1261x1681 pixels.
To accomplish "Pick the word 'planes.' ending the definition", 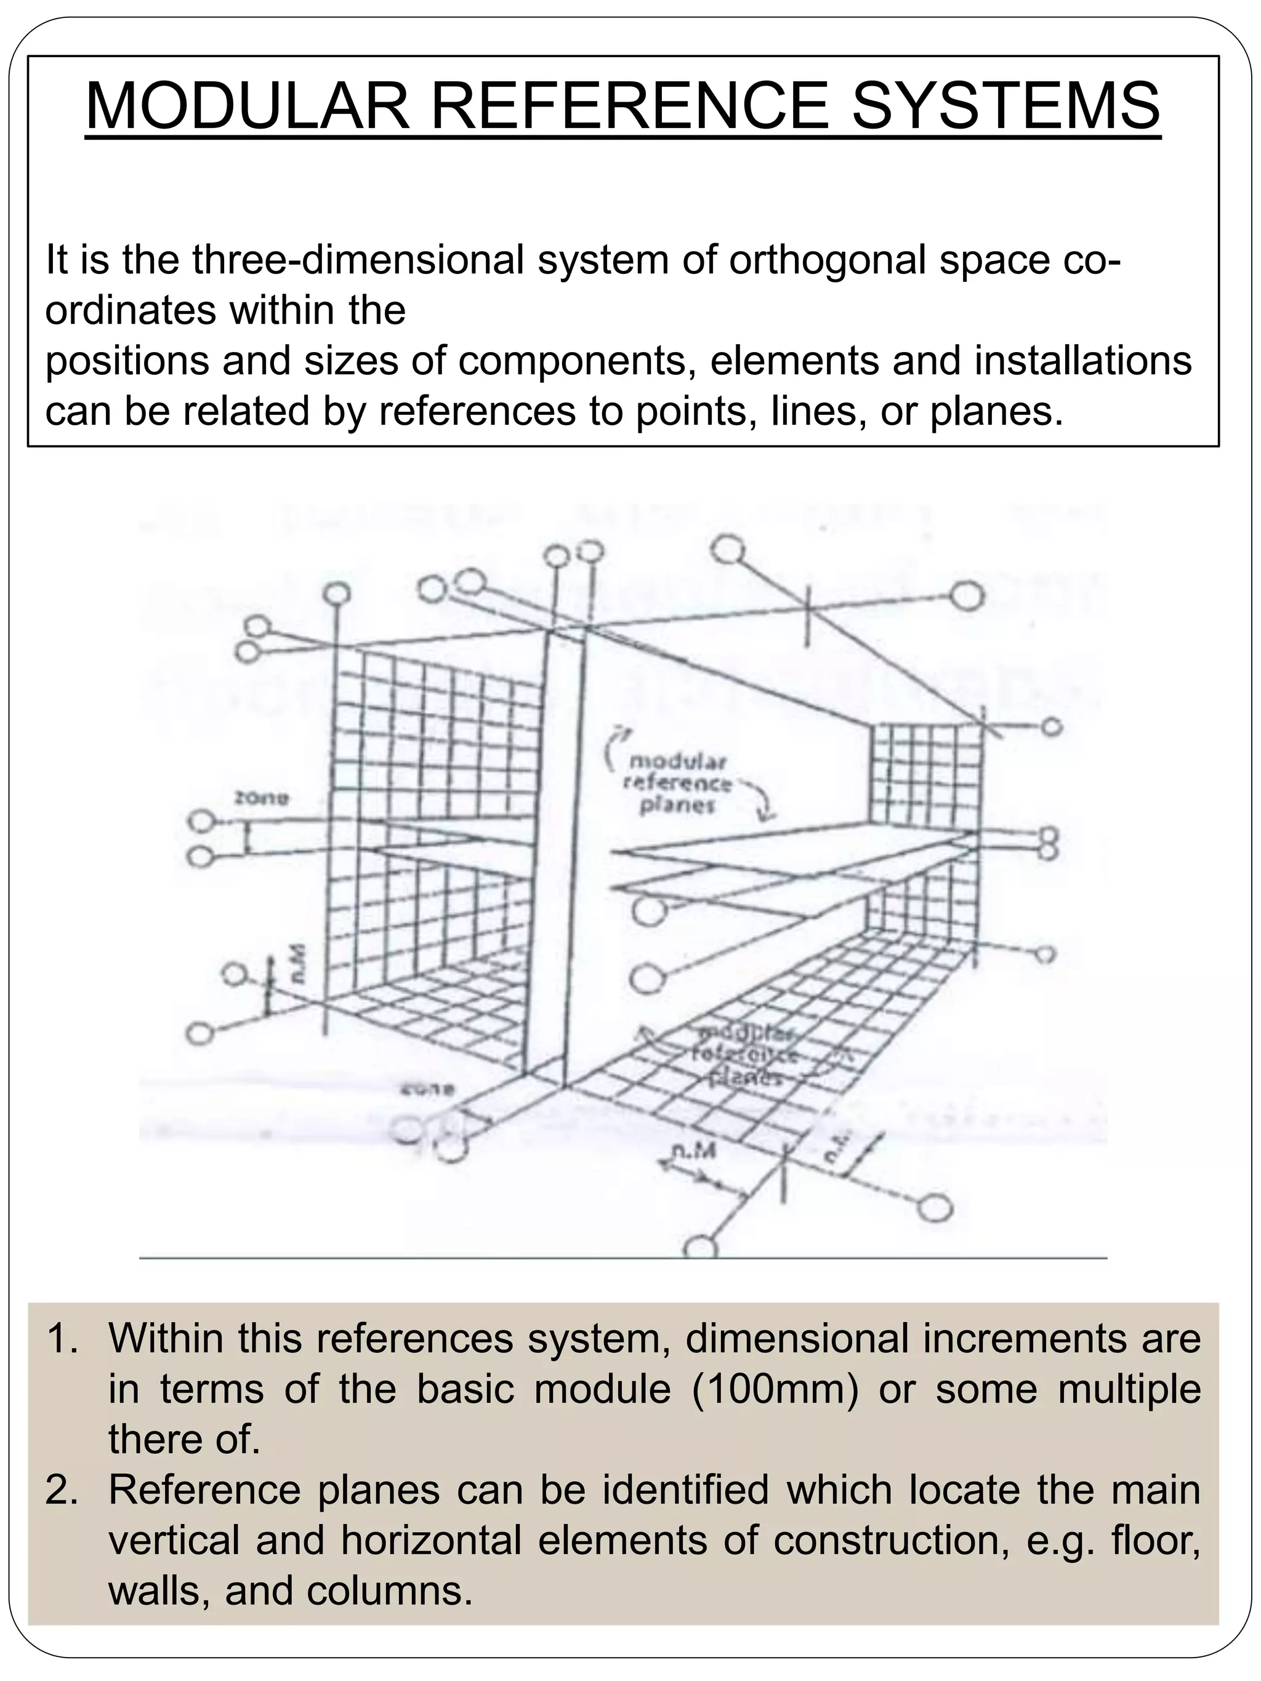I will (x=996, y=411).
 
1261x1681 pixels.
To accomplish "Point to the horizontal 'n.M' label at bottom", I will (x=691, y=1153).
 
